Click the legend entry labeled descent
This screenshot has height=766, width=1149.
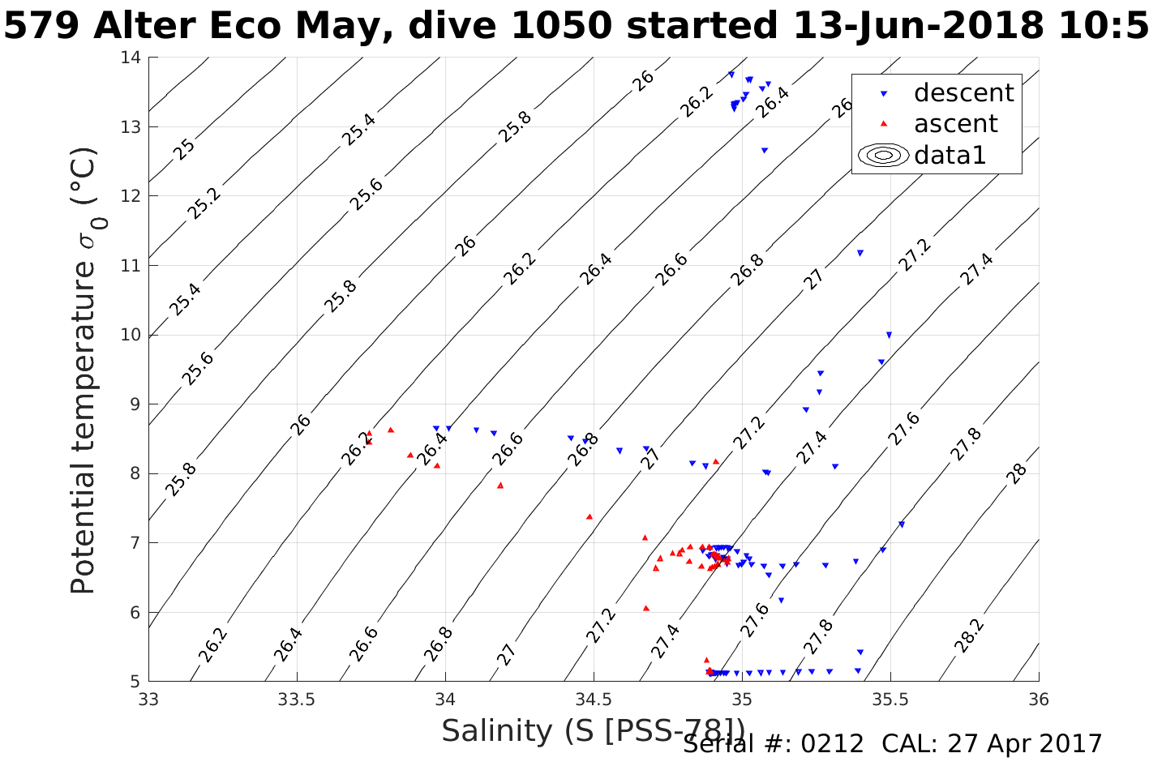pyautogui.click(x=963, y=93)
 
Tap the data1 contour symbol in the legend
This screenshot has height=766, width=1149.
pyautogui.click(x=884, y=155)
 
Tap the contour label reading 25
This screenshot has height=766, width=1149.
pyautogui.click(x=186, y=148)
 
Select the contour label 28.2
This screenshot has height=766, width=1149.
pyautogui.click(x=969, y=635)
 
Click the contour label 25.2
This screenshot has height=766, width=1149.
pyautogui.click(x=204, y=203)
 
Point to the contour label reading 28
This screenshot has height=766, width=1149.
pyautogui.click(x=1018, y=473)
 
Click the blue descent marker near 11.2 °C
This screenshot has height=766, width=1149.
pyautogui.click(x=860, y=253)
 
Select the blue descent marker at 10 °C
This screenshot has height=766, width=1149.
pyautogui.click(x=889, y=335)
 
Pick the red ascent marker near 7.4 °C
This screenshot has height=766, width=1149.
pyautogui.click(x=590, y=516)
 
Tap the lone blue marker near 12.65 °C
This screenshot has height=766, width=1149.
pyautogui.click(x=764, y=150)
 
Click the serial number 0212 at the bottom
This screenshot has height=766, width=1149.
pyautogui.click(x=832, y=743)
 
